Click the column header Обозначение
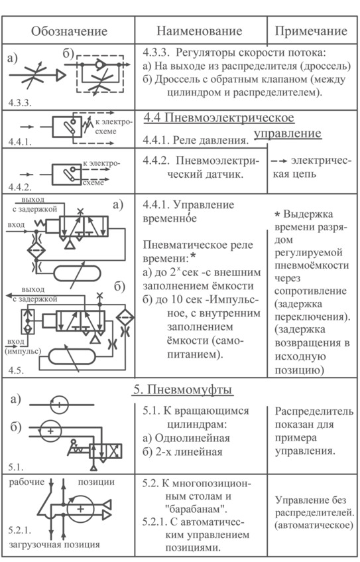pos(69,31)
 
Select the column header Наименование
pos(199,31)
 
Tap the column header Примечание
pos(311,31)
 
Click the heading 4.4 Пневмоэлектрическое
pos(219,118)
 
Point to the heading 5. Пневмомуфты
pos(183,389)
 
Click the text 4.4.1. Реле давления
pos(196,140)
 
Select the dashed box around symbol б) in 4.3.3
pos(100,74)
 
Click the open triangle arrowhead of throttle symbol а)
pos(61,75)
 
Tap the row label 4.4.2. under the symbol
pos(20,187)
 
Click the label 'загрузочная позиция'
pos(54,545)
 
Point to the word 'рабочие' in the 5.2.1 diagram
pos(27,482)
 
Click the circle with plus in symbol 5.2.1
pos(81,509)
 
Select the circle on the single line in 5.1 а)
pos(59,405)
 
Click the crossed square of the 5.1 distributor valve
pos(114,451)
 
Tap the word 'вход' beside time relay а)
pos(16,225)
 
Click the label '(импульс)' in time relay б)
pos(23,350)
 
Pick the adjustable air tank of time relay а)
pos(77,274)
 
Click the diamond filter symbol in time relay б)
pos(125,317)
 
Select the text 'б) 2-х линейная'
pos(182,452)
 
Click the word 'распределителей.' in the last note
pos(314,512)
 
